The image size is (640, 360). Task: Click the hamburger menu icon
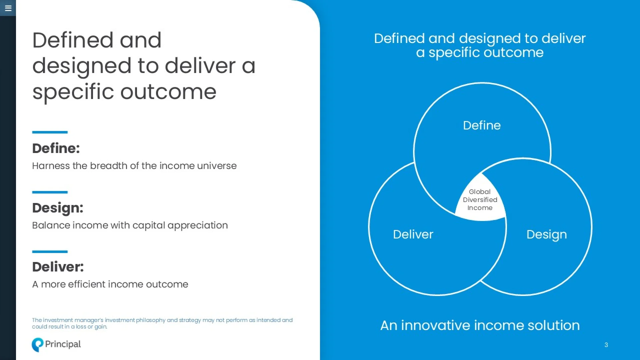tap(8, 8)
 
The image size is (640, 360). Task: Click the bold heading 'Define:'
tap(56, 148)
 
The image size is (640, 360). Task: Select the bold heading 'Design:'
tap(58, 208)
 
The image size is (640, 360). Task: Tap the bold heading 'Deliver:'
tap(58, 267)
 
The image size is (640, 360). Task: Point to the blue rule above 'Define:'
tap(50, 132)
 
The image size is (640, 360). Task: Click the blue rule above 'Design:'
tap(50, 192)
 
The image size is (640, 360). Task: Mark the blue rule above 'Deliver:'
tap(50, 252)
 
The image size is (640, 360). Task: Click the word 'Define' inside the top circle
tap(482, 125)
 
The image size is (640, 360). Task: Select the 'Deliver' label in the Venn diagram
tap(413, 234)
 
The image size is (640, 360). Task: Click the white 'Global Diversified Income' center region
tap(480, 200)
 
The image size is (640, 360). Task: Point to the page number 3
tap(606, 345)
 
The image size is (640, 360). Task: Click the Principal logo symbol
tap(37, 345)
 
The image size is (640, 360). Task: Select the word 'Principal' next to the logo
tap(63, 344)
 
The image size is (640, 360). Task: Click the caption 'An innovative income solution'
tap(480, 325)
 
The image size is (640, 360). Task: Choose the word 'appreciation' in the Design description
tap(198, 226)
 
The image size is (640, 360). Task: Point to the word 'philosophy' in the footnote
tap(151, 320)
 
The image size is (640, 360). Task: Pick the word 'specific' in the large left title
tap(73, 92)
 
